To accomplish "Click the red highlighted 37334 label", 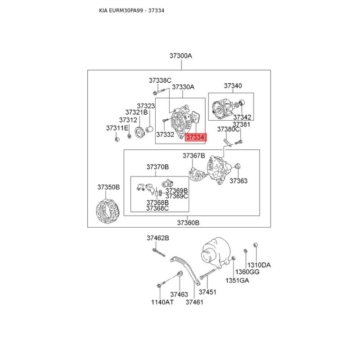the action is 196,137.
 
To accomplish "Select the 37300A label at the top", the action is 181,56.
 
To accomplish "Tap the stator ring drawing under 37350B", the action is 108,211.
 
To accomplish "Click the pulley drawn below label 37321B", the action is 139,132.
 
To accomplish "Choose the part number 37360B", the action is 188,223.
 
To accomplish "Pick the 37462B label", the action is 158,238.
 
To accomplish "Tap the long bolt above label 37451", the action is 208,274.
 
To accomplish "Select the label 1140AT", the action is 162,302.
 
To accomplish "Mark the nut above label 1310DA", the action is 255,245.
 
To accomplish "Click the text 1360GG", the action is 247,272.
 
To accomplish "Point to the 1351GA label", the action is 237,280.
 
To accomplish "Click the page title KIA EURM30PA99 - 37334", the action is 131,10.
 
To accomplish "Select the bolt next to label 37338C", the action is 159,92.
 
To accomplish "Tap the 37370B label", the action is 157,167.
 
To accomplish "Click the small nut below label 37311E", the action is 117,139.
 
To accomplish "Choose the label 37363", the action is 238,181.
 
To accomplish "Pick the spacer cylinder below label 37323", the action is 149,129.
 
